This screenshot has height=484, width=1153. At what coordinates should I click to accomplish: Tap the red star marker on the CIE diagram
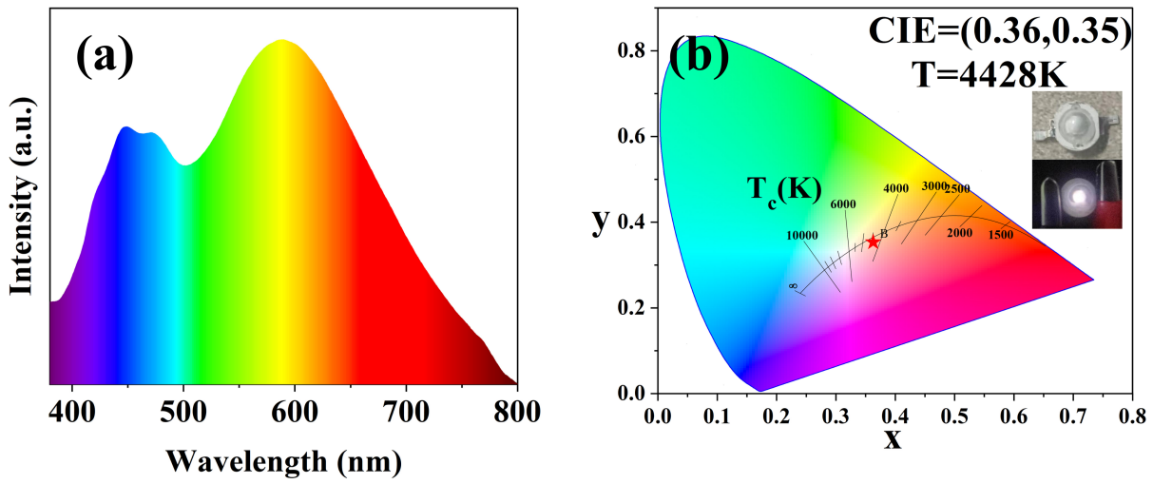(x=873, y=242)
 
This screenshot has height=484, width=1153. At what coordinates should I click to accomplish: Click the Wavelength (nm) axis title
(x=282, y=461)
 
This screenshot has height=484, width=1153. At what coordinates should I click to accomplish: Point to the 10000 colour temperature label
(x=802, y=235)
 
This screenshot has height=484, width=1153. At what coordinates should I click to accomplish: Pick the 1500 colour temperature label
(x=1001, y=235)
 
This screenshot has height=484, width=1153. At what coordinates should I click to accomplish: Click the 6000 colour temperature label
(x=843, y=203)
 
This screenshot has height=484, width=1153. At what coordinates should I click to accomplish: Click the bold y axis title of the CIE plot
(x=600, y=222)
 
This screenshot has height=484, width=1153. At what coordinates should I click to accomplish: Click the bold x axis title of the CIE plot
(x=892, y=441)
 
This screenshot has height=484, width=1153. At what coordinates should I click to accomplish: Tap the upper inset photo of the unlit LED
(x=1077, y=125)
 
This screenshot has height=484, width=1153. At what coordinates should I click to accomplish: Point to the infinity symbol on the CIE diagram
(x=792, y=285)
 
